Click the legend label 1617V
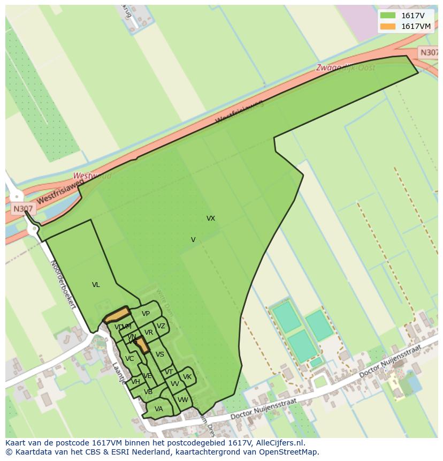point(413,16)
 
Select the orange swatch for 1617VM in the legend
point(388,26)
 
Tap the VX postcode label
point(211,218)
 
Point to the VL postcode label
point(96,285)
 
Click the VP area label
point(146,314)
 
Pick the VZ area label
point(161,326)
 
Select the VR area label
point(149,332)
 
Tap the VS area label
point(159,354)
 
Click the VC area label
point(129,359)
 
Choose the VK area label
point(187,377)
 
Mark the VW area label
point(183,400)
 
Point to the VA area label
point(158,409)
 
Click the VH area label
point(135,382)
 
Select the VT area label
point(169,372)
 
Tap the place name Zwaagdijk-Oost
point(345,67)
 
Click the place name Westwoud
point(92,176)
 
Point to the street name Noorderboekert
point(63,284)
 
